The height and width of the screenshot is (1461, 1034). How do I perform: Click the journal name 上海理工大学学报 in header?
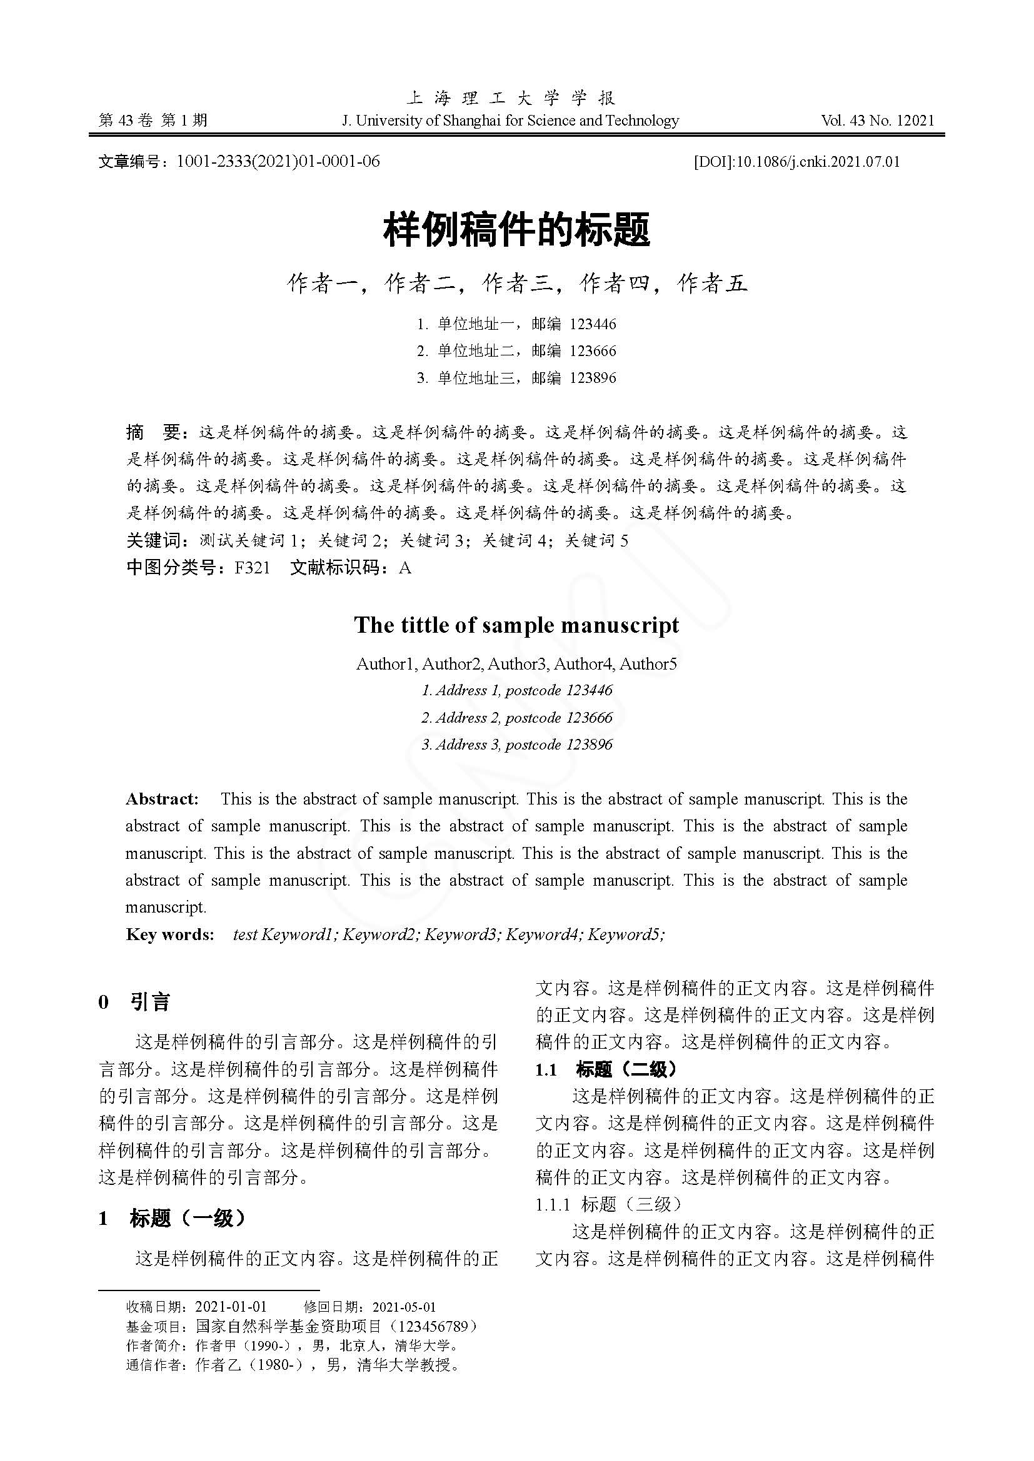(x=511, y=98)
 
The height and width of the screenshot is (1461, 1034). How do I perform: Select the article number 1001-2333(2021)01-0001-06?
(x=278, y=162)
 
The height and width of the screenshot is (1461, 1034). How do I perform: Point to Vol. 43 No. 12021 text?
(x=877, y=121)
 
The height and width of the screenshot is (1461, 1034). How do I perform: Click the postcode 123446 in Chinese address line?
(x=593, y=325)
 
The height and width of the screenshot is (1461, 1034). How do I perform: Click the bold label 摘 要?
(x=156, y=433)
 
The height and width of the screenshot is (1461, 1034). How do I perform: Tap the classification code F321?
(x=252, y=568)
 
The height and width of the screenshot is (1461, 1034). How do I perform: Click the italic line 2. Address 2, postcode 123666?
(x=516, y=718)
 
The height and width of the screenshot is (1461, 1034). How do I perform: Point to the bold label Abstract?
(x=163, y=800)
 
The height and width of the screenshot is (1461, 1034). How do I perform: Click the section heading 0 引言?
(x=134, y=1002)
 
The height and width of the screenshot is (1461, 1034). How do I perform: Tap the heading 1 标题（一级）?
(x=172, y=1218)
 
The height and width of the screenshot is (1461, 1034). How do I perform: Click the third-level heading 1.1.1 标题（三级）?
(x=608, y=1204)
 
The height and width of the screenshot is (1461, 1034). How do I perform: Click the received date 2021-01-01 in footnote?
(x=231, y=1307)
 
